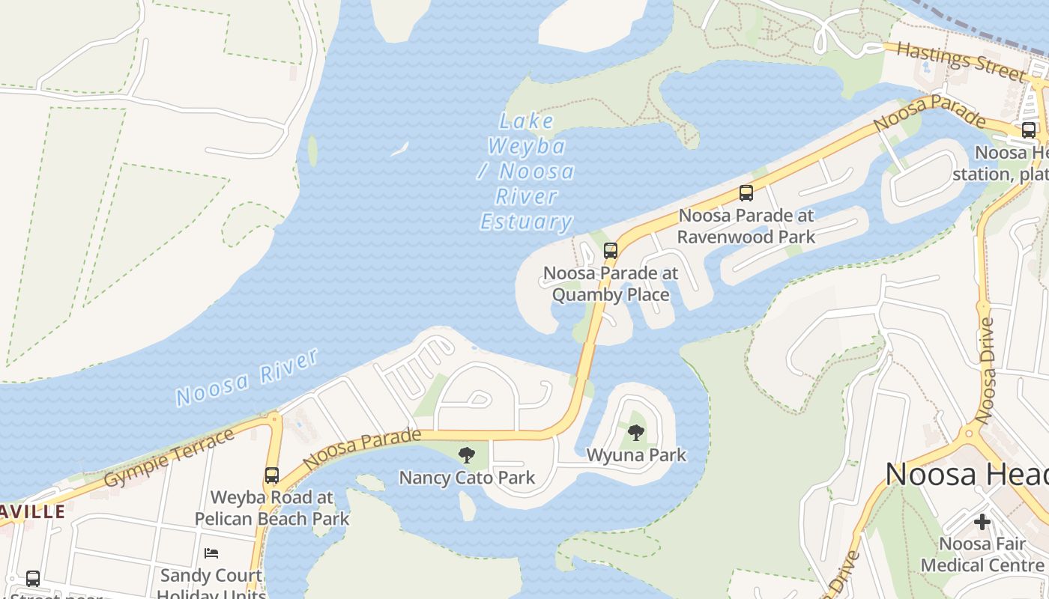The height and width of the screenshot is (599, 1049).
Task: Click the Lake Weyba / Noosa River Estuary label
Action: click(x=527, y=171)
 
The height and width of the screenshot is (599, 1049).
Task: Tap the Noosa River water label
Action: click(x=248, y=378)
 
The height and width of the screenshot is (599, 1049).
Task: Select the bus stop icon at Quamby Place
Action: click(x=611, y=250)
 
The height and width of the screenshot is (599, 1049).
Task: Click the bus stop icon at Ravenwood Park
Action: click(x=746, y=192)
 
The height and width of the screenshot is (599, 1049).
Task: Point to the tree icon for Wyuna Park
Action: click(x=636, y=432)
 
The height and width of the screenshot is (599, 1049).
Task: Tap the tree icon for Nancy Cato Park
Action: click(x=467, y=454)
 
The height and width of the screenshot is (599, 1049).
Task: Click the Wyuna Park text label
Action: click(x=636, y=454)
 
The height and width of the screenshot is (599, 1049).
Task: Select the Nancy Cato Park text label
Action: click(x=467, y=478)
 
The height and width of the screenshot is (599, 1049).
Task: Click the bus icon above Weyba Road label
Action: click(x=272, y=475)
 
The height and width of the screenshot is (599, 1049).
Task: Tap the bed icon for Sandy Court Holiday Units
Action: click(x=211, y=553)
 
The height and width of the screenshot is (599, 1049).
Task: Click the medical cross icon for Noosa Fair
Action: click(x=982, y=521)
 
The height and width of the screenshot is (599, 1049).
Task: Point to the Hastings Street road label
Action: click(x=961, y=61)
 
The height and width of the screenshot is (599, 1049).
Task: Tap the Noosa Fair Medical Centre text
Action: click(x=982, y=554)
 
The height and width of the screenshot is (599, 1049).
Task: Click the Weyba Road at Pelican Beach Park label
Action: click(x=272, y=508)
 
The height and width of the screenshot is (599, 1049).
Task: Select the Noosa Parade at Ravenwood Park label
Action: click(x=746, y=226)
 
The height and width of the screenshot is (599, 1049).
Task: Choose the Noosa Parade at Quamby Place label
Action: click(x=611, y=284)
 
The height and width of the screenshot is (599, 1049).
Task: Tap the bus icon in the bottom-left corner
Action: click(x=33, y=578)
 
